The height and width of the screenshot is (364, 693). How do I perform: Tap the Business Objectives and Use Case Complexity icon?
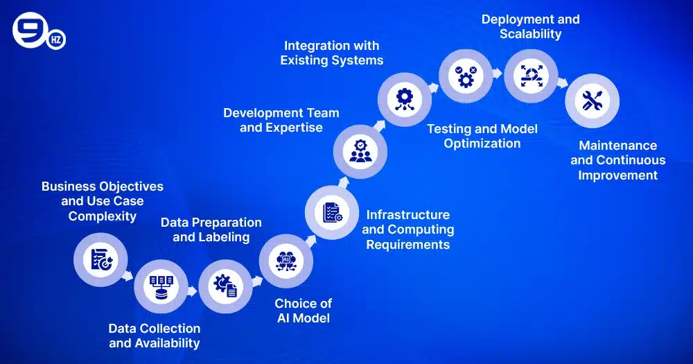101,259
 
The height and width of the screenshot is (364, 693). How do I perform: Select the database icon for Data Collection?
160,286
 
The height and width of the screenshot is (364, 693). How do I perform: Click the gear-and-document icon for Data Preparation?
225,285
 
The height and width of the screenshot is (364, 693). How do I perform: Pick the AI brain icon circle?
286,260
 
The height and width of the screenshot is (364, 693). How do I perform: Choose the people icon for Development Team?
360,151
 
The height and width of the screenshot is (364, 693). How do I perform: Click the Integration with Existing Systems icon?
404,98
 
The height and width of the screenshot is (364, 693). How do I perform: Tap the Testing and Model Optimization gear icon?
466,75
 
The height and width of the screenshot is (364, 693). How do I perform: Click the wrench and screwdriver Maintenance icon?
592,101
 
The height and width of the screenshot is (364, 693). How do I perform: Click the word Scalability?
531,33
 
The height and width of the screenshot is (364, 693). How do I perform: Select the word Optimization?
482,144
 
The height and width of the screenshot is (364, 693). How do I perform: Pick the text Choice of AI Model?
303,311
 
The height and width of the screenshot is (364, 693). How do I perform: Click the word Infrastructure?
407,214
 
